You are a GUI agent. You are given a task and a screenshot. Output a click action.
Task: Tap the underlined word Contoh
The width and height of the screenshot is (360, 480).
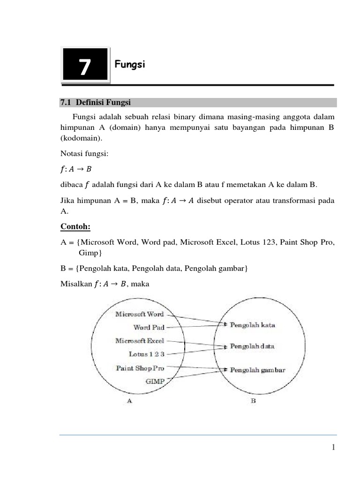[75, 227]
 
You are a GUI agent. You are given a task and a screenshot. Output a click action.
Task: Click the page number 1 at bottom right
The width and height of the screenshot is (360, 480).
[333, 448]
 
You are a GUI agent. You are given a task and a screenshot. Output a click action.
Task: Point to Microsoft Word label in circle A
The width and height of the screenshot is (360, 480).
[140, 314]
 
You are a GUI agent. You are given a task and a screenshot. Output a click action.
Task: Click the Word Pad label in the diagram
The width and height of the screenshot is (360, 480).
[149, 327]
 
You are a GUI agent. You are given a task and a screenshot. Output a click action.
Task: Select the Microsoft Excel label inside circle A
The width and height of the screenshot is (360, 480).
[140, 341]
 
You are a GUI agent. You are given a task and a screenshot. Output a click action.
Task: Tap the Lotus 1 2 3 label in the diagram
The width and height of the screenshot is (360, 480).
[146, 354]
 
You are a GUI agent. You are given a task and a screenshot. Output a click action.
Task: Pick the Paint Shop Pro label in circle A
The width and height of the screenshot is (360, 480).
[140, 368]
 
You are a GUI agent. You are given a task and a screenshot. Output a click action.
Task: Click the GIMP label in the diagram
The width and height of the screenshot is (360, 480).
[155, 381]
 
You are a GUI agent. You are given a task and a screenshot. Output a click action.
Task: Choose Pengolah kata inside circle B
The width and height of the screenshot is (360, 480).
[252, 324]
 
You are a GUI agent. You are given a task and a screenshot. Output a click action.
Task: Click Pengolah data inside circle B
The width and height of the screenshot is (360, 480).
[252, 346]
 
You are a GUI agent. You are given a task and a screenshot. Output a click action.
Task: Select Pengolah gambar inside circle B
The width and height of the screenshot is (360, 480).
[257, 370]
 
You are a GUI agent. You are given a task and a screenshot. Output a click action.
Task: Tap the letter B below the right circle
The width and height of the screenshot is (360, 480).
[253, 401]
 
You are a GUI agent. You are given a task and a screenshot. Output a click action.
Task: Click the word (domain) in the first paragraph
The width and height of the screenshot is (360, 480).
[142, 128]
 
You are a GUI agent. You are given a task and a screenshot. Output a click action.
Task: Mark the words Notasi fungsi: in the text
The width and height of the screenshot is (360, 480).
[80, 153]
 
